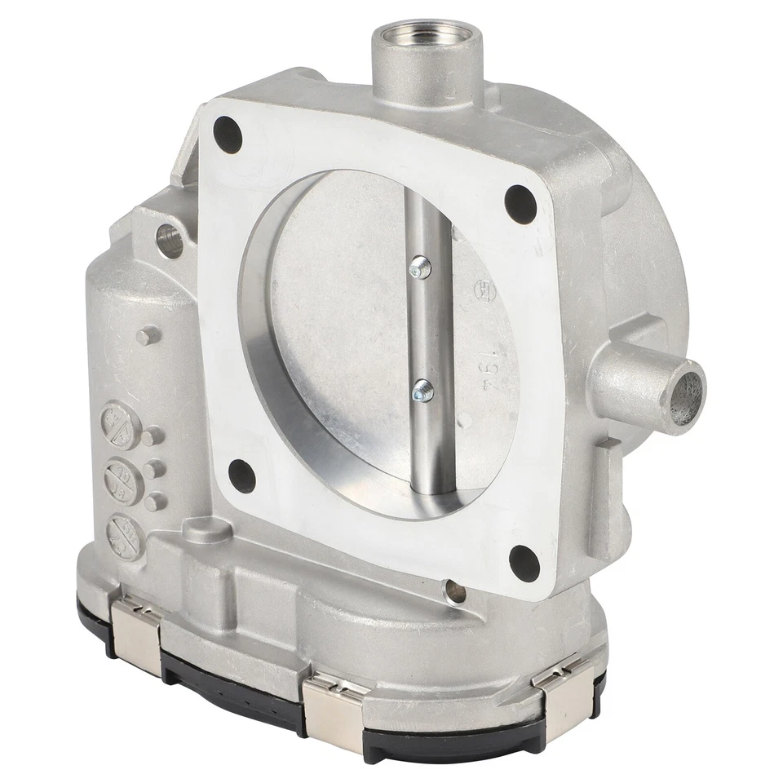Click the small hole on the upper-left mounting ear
pyautogui.click(x=169, y=241)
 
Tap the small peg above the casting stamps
pyautogui.click(x=146, y=335)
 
